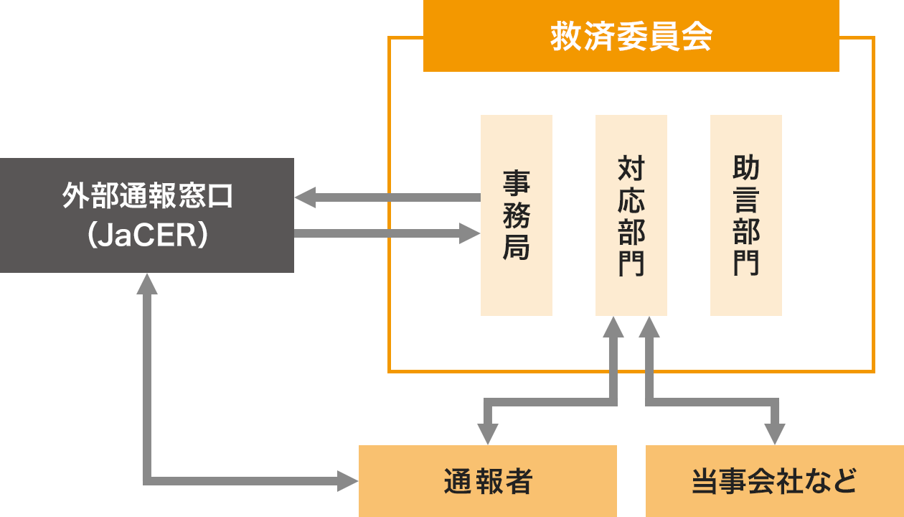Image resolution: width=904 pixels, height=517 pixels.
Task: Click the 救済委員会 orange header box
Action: point(631,36)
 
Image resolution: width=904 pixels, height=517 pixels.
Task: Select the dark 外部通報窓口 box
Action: point(146,215)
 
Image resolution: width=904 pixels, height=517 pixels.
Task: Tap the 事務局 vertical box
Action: point(516,215)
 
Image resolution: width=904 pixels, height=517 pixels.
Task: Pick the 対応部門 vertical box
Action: point(631,215)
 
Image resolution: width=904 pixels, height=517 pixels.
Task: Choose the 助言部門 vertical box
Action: point(745,215)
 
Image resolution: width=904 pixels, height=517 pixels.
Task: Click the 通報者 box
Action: point(488,481)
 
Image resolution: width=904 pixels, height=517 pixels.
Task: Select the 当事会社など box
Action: point(775,481)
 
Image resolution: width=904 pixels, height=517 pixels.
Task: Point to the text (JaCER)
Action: point(146,236)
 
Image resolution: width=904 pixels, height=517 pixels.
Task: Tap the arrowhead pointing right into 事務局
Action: point(470,233)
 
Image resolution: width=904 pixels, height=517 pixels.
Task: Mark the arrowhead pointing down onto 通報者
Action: point(488,434)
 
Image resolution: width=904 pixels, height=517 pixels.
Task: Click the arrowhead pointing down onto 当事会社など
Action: point(775,434)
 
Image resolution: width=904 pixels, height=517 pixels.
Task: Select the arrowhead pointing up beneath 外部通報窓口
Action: point(147,284)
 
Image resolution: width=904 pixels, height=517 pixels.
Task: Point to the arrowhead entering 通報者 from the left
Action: point(348,480)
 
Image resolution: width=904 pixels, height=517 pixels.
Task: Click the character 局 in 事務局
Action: point(516,248)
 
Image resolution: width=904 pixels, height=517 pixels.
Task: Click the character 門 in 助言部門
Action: point(745,263)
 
